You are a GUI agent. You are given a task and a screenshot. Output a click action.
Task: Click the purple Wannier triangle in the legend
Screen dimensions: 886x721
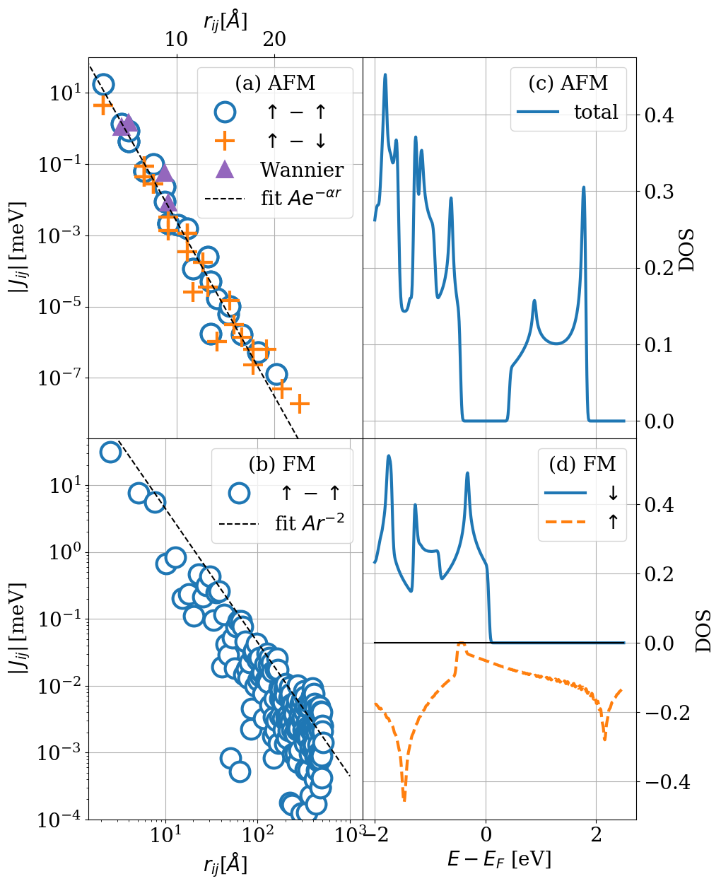tap(224, 169)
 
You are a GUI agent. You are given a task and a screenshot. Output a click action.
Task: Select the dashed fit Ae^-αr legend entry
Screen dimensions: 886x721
tap(276, 198)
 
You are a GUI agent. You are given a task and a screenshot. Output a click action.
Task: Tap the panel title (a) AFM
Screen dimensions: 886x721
tap(275, 83)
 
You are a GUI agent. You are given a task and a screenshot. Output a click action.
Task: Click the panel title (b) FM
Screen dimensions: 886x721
tap(282, 464)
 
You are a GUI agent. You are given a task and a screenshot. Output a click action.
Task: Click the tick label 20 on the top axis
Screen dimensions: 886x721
tap(274, 40)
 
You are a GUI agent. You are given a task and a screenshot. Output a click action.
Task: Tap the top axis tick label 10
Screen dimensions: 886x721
tap(176, 40)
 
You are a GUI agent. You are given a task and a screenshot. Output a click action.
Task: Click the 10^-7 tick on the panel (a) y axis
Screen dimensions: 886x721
tap(60, 379)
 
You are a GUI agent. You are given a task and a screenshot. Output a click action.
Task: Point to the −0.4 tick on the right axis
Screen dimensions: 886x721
tap(667, 782)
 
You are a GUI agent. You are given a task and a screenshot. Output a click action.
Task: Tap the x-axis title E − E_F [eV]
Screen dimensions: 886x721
tap(499, 858)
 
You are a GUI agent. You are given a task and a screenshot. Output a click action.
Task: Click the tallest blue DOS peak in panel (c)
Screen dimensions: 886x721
tap(385, 74)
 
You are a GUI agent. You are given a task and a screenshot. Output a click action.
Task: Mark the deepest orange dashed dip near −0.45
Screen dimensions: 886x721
tap(404, 799)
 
